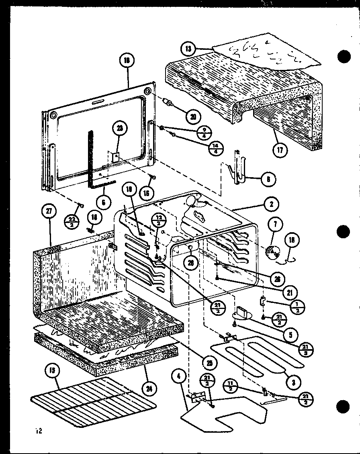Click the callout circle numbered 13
tap(187, 49)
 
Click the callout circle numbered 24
tap(150, 389)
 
